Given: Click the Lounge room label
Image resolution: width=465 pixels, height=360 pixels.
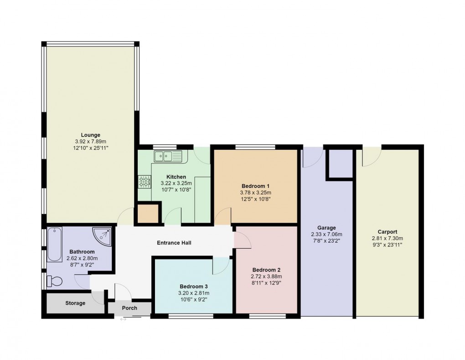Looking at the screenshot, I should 90,135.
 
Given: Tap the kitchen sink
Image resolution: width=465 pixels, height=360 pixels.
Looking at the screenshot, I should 167,157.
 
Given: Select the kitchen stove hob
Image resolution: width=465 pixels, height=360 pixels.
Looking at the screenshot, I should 144,182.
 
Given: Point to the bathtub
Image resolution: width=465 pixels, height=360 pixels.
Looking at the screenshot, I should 54,245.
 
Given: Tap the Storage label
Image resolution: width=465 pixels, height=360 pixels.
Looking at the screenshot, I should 75,303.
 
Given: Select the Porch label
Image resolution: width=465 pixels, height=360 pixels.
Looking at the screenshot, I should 129,308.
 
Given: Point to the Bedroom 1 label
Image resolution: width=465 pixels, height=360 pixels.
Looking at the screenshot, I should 256,186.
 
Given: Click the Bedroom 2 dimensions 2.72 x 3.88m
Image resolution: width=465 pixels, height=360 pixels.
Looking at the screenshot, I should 266,277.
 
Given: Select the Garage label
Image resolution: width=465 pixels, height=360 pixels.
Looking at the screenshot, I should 326,228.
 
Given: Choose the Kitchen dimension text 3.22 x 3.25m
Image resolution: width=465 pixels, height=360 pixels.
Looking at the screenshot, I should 176,183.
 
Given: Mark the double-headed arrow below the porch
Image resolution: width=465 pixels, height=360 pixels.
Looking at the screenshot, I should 124,319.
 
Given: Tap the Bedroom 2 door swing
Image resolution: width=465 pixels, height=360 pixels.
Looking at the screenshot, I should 242,240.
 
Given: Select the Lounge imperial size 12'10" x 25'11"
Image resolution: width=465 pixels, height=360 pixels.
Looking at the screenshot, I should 90,148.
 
